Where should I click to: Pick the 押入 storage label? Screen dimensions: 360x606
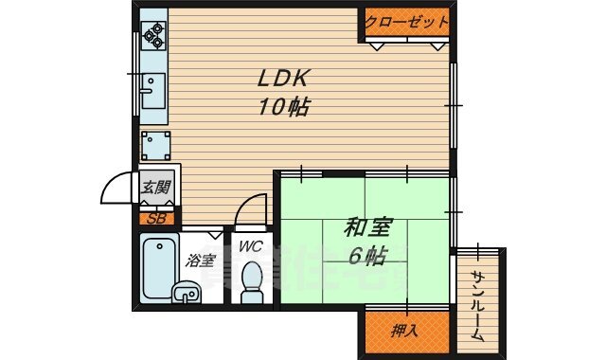pyautogui.click(x=404, y=331)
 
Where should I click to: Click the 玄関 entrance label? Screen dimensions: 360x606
pyautogui.click(x=156, y=188)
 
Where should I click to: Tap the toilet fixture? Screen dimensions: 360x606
pyautogui.click(x=251, y=282)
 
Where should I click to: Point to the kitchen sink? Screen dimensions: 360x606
pyautogui.click(x=152, y=92)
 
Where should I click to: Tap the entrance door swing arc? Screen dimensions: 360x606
pyautogui.click(x=117, y=186)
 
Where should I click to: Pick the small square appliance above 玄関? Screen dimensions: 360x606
pyautogui.click(x=155, y=145)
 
